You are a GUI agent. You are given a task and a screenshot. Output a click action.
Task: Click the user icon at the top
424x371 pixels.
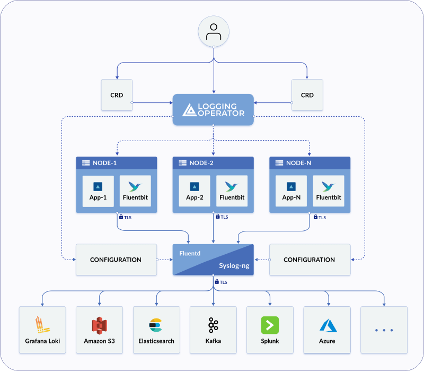(214, 32)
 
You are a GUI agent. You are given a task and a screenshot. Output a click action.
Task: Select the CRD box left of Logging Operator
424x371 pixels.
(117, 95)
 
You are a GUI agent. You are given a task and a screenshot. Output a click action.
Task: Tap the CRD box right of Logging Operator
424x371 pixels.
(307, 95)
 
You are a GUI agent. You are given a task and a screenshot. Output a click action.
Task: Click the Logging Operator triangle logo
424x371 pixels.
(189, 110)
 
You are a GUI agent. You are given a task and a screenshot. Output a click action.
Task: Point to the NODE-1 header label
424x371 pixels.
(104, 163)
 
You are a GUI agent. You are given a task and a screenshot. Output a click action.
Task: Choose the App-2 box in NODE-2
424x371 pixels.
(195, 191)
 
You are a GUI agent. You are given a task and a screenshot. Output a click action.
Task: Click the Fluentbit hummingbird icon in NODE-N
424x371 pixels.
(329, 186)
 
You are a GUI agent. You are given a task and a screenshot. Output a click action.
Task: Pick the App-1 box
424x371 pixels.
(98, 191)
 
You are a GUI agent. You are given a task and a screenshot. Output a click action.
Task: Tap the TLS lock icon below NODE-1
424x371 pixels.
(121, 217)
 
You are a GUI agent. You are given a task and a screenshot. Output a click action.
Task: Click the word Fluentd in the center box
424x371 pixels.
(190, 254)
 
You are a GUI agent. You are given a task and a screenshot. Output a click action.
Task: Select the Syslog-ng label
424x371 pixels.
(234, 266)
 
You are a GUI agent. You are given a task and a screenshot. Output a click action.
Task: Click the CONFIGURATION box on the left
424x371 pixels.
(116, 260)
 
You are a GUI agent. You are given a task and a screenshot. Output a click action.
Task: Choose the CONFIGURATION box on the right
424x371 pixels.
(310, 260)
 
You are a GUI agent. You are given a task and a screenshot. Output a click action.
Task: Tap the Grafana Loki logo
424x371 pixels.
(42, 325)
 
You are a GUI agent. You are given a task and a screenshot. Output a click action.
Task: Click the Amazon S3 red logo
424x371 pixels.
(99, 325)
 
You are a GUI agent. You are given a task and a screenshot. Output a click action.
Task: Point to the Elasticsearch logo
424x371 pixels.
(156, 325)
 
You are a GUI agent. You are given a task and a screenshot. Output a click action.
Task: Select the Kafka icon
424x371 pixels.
(213, 325)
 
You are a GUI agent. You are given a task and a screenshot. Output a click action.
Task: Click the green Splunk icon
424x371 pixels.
(270, 325)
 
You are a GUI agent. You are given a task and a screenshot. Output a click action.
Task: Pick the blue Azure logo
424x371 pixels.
(328, 325)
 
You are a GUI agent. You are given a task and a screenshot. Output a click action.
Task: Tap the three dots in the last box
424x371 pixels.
(384, 330)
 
